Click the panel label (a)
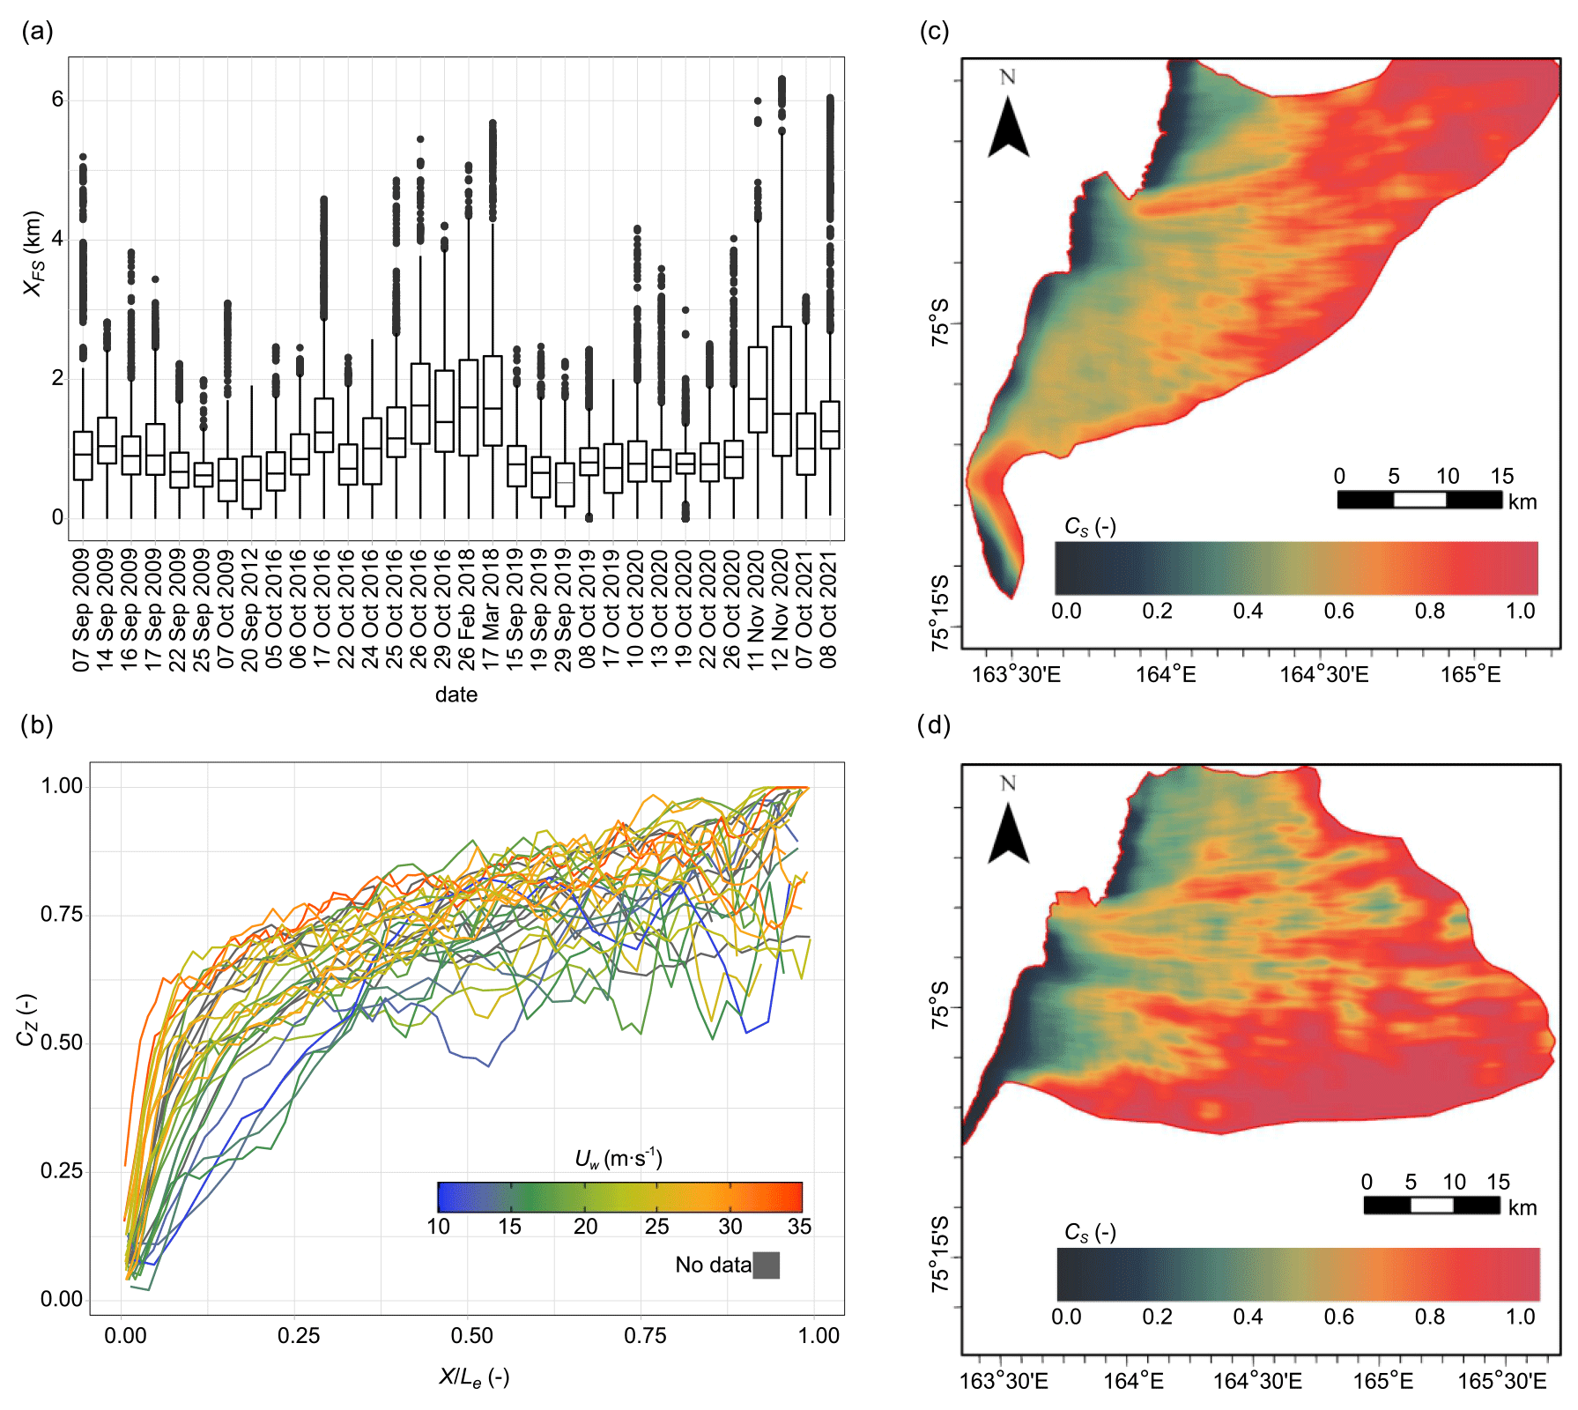click(37, 32)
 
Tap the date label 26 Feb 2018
click(467, 609)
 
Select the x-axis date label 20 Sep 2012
click(250, 609)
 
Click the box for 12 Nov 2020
click(782, 391)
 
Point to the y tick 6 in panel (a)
click(57, 100)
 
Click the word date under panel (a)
click(456, 694)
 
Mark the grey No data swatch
click(766, 1265)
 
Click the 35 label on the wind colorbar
click(799, 1227)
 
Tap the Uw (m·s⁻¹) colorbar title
click(619, 1158)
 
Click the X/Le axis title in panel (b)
click(474, 1377)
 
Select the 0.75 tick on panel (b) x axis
click(645, 1336)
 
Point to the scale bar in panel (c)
click(1419, 500)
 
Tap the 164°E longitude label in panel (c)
click(1165, 675)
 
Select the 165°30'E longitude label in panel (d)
click(1502, 1381)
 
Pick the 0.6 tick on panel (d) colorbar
click(1338, 1317)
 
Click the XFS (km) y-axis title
click(33, 253)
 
